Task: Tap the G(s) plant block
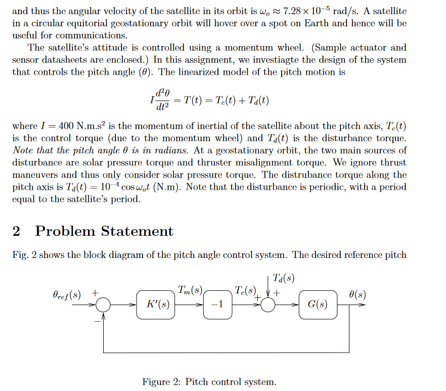click(318, 305)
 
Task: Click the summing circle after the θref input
click(104, 305)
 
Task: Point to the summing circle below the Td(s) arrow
click(267, 305)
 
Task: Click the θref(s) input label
click(66, 294)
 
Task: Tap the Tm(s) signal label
click(190, 290)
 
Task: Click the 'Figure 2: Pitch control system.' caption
click(209, 382)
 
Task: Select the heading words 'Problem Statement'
click(104, 231)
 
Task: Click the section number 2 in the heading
click(16, 231)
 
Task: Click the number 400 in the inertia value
click(67, 126)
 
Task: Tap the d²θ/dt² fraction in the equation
click(162, 100)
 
